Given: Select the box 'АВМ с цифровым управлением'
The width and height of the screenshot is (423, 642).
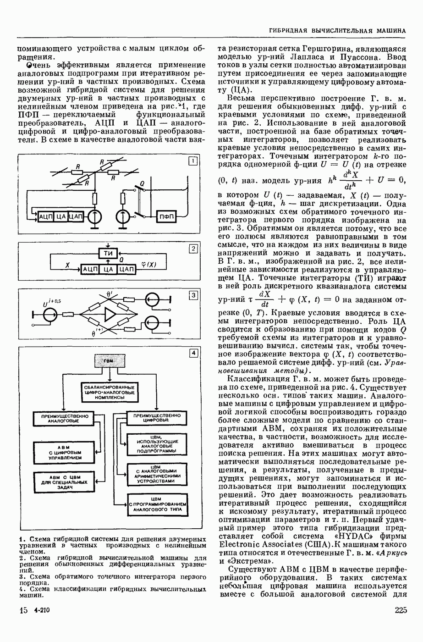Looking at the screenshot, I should tap(64, 452).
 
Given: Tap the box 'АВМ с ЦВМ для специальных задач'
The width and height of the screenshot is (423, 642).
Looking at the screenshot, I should tap(63, 482).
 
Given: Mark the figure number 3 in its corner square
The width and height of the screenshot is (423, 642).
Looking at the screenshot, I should tap(194, 295).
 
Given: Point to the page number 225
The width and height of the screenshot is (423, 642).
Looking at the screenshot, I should tap(400, 610).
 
